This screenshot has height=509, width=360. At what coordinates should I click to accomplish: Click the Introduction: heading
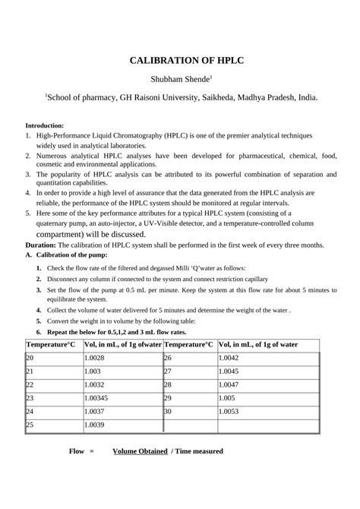(45, 125)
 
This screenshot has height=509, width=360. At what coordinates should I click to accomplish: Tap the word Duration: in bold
(41, 245)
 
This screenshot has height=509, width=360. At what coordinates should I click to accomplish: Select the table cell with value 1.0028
(94, 359)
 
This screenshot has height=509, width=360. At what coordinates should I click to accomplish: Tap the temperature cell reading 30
(168, 412)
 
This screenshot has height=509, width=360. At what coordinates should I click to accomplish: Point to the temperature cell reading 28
(168, 385)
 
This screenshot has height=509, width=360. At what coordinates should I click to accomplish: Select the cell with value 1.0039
(94, 425)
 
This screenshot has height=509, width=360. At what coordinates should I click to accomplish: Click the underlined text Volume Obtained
(140, 473)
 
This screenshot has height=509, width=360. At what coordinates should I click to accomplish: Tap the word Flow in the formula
(77, 473)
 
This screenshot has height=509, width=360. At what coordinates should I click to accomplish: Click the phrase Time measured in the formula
(200, 473)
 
